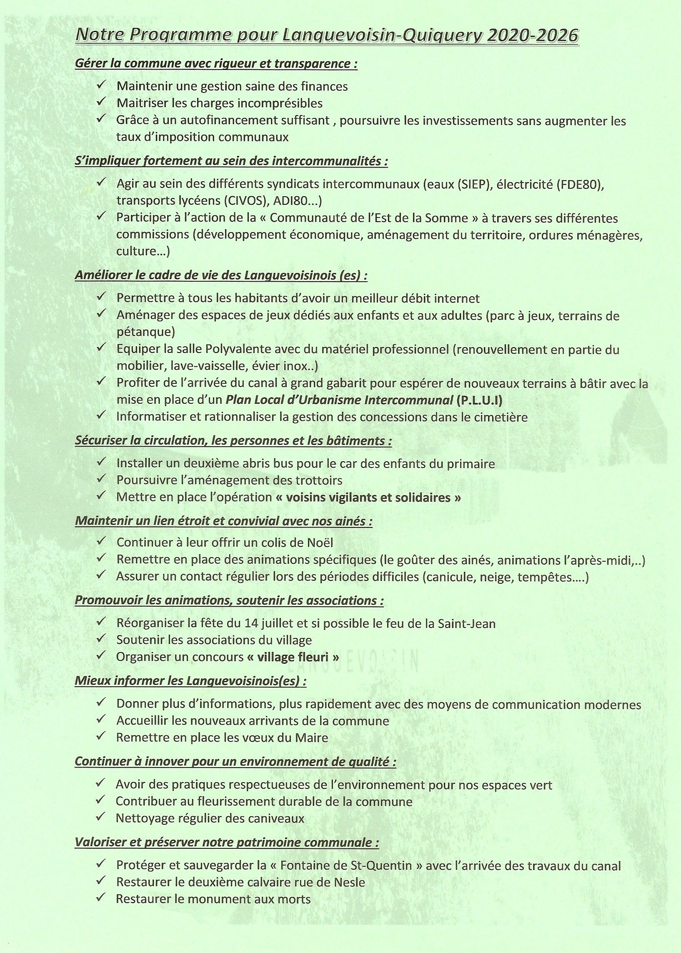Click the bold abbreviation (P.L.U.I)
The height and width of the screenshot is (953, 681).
pos(478,400)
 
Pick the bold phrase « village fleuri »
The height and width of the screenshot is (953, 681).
pos(293,657)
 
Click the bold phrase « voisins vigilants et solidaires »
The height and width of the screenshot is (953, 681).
pos(368,497)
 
